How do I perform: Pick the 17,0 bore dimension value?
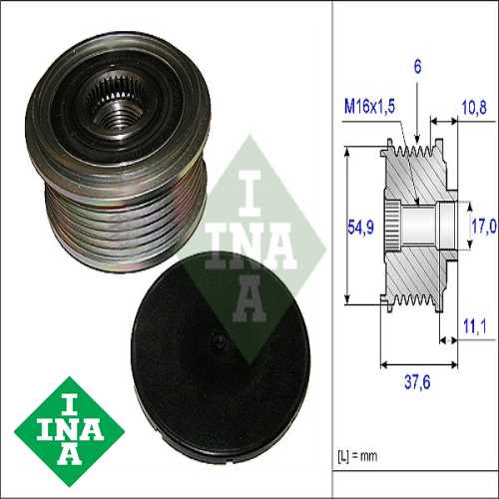pos(482,227)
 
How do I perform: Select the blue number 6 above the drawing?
pos(417,67)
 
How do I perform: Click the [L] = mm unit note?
pos(355,457)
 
